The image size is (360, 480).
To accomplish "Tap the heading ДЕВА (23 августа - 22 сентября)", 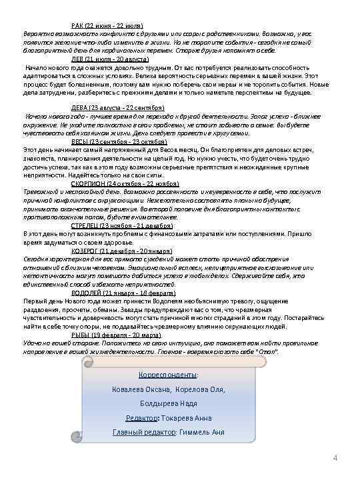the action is pyautogui.click(x=117, y=107).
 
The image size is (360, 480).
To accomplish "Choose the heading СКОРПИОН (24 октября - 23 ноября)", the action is pyautogui.click(x=125, y=183).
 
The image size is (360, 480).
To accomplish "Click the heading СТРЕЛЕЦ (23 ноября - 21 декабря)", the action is pyautogui.click(x=122, y=225).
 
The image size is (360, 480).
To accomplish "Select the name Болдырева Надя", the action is pyautogui.click(x=168, y=403).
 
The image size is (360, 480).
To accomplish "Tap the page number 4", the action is pyautogui.click(x=335, y=457).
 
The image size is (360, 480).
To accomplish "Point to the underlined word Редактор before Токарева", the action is pyautogui.click(x=141, y=418).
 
